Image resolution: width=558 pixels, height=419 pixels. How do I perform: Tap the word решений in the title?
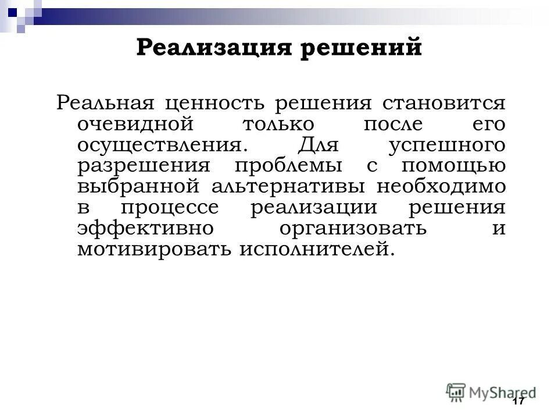361,47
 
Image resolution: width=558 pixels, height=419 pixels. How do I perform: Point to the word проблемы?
288,166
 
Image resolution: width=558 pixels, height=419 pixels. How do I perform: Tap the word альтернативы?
285,187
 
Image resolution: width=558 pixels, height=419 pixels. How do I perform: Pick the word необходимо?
441,187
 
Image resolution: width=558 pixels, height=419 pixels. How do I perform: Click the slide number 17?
518,402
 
